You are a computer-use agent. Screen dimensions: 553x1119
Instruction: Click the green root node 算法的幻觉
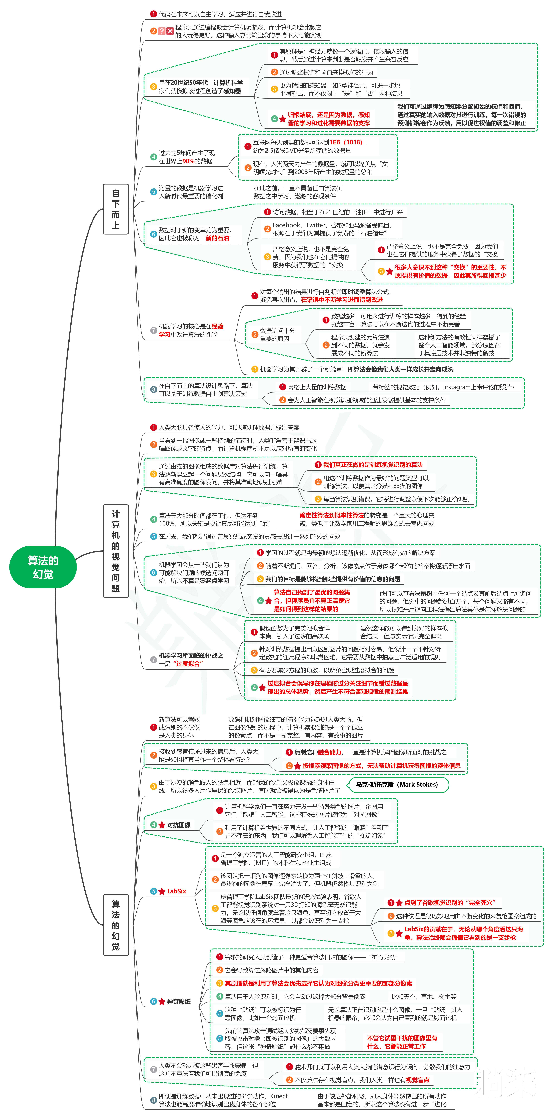point(43,567)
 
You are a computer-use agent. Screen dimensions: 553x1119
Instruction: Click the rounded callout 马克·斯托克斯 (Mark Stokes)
point(397,784)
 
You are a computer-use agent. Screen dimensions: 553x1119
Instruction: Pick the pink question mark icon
point(162,31)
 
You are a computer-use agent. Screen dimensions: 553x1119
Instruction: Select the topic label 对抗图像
point(179,824)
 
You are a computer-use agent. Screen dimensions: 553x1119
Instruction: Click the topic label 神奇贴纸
point(179,1001)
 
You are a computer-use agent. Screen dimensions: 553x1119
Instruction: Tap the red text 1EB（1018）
point(346,142)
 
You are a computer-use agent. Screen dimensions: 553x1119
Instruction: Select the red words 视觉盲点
point(418,1079)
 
